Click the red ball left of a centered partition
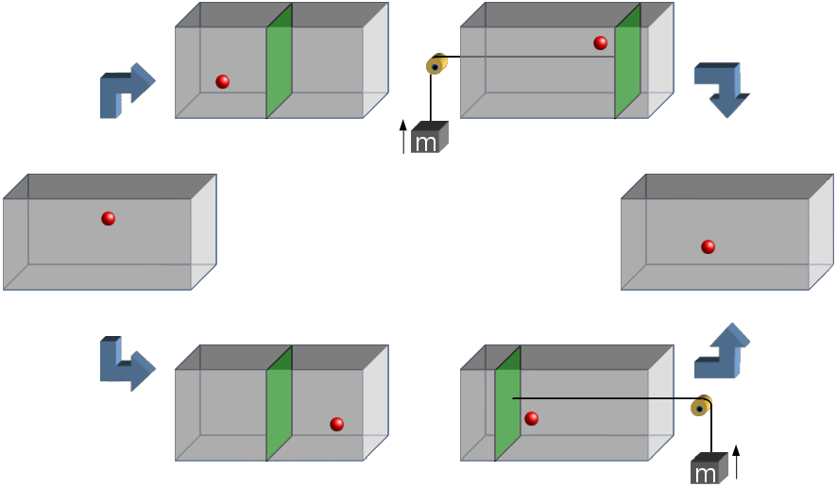coord(222,82)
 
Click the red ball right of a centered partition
coord(336,424)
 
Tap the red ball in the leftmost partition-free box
coord(109,219)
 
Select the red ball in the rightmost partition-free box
coord(708,247)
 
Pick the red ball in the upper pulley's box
coord(600,43)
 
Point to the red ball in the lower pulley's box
coord(531,418)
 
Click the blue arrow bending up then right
coord(126,91)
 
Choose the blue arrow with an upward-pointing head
coord(721,351)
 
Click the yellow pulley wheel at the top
coord(436,64)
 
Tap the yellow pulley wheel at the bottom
coord(701,406)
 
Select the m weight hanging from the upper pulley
coord(429,138)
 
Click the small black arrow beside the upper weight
coord(403,137)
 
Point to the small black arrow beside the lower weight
coord(735,462)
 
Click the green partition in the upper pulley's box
coord(627,61)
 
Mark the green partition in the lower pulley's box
coord(507,404)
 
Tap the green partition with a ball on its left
coord(279,61)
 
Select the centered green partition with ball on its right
coord(279,404)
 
